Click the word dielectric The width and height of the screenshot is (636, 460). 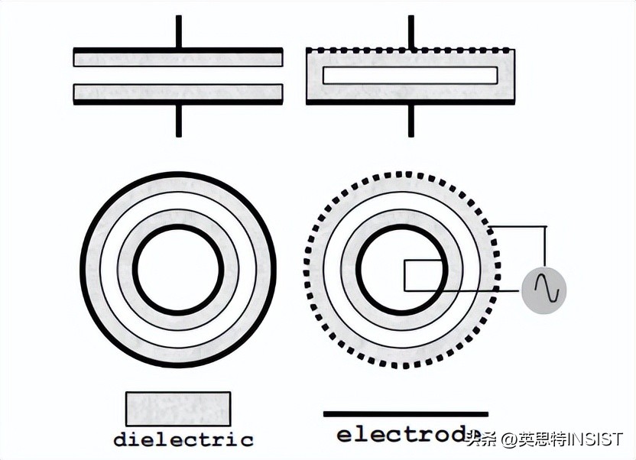(183, 439)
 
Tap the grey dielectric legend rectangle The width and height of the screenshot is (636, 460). (177, 408)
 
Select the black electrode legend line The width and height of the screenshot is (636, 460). (405, 414)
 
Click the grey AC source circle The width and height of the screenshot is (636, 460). (544, 290)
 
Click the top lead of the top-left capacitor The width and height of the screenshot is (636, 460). (178, 31)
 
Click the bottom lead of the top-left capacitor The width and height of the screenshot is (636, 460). (178, 120)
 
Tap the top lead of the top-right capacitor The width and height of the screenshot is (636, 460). (410, 31)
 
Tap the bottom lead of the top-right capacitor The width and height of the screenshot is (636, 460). (410, 120)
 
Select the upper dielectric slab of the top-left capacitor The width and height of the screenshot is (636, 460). (178, 58)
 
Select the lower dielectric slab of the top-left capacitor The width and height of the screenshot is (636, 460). (178, 92)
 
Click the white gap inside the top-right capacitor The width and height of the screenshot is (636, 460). (410, 75)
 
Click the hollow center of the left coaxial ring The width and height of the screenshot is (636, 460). (178, 269)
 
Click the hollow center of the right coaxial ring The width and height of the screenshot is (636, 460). (382, 269)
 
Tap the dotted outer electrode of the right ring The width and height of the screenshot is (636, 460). (402, 172)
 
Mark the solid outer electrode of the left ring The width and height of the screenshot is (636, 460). (178, 174)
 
